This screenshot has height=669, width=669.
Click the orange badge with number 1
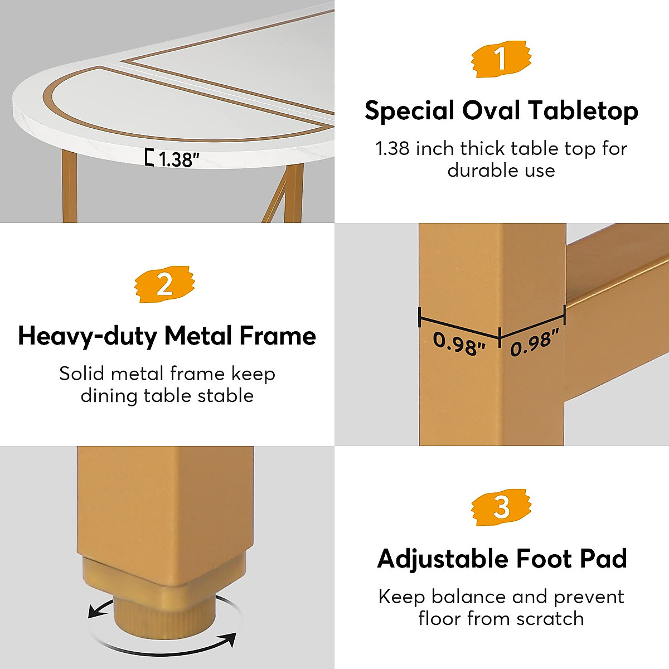point(501,59)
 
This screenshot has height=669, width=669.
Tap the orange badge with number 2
point(165,284)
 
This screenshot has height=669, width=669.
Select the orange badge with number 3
point(501,507)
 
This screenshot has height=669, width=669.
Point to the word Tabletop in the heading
point(583,110)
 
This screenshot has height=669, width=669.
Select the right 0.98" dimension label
point(534,342)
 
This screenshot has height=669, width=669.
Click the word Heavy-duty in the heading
point(88,336)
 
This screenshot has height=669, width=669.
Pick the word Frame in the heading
point(282,336)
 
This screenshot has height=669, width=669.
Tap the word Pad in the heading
point(604,559)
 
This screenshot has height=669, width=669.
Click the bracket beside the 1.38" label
point(149,158)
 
